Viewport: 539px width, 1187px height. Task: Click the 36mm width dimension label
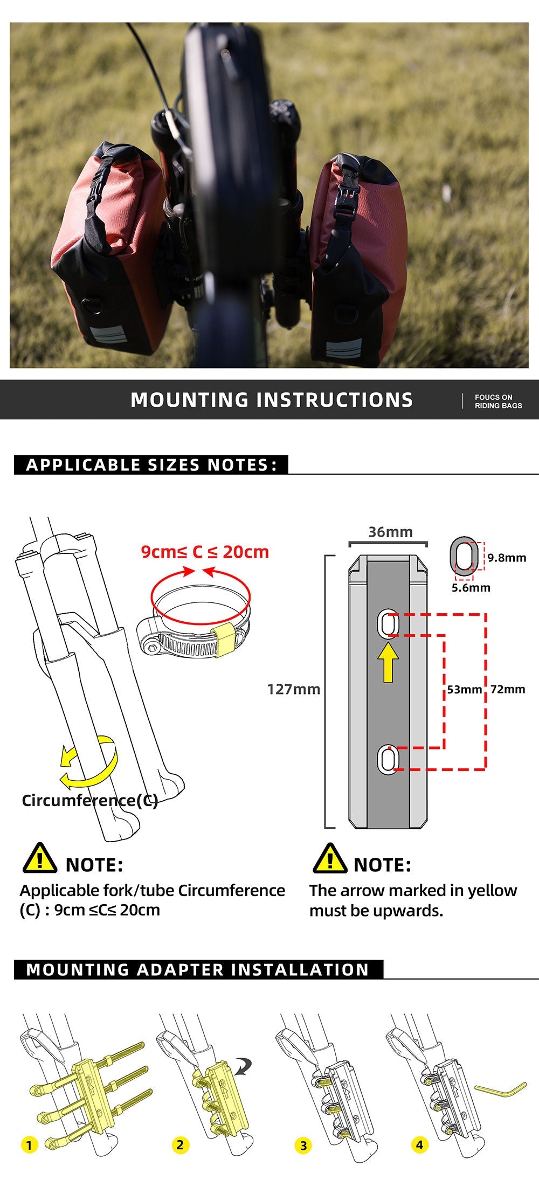tap(390, 532)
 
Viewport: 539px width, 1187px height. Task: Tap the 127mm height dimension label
tap(294, 689)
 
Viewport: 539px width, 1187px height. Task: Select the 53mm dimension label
tap(464, 689)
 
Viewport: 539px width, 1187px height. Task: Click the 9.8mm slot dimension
tap(507, 558)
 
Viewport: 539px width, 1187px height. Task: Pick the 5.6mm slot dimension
tap(471, 587)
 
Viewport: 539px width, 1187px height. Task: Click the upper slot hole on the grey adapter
tap(387, 624)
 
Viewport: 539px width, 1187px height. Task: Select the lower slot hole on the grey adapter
tap(386, 759)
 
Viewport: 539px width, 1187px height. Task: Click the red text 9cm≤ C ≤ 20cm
tap(205, 552)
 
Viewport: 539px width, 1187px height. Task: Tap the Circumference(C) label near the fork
tap(89, 800)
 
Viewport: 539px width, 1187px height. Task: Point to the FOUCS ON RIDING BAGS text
tap(497, 401)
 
